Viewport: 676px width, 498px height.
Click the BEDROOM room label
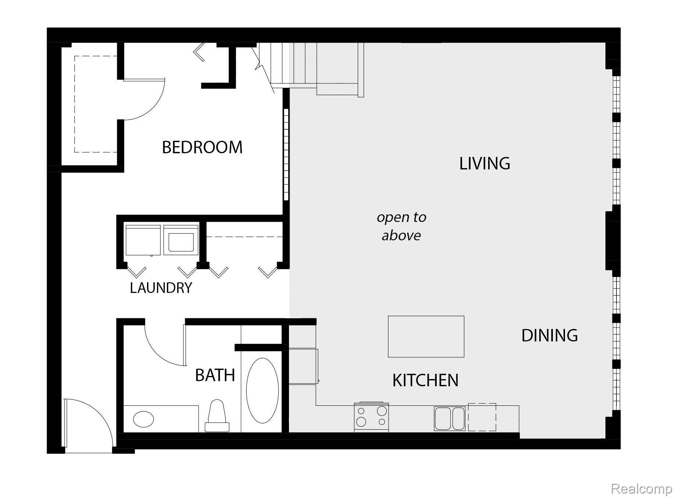pyautogui.click(x=202, y=147)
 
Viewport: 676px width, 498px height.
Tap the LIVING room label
pyautogui.click(x=484, y=164)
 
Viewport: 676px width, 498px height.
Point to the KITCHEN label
pyautogui.click(x=425, y=380)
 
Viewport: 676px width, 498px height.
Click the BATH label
pyautogui.click(x=215, y=375)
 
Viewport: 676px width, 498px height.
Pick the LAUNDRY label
pyautogui.click(x=161, y=288)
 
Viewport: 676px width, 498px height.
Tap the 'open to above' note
pyautogui.click(x=401, y=226)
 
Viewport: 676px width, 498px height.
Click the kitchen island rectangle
pyautogui.click(x=426, y=336)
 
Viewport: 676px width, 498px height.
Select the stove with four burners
pyautogui.click(x=371, y=417)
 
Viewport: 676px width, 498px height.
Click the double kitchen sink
pyautogui.click(x=450, y=418)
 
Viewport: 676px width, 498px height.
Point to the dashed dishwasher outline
pyautogui.click(x=482, y=417)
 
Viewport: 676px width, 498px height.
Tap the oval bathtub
pyautogui.click(x=262, y=391)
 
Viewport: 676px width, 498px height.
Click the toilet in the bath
pyautogui.click(x=217, y=416)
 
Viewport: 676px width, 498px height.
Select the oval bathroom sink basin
pyautogui.click(x=143, y=419)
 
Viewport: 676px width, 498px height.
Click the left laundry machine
pyautogui.click(x=143, y=240)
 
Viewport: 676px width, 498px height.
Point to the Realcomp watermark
pyautogui.click(x=641, y=488)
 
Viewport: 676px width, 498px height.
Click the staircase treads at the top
pyautogui.click(x=294, y=64)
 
